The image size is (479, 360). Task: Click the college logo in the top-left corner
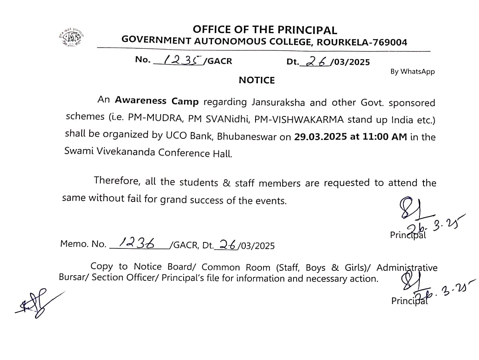click(x=72, y=38)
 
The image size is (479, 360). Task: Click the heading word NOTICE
click(x=257, y=80)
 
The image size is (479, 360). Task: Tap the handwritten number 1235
click(x=180, y=60)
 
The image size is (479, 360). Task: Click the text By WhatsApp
click(x=412, y=72)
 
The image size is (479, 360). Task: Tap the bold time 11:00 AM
click(x=385, y=136)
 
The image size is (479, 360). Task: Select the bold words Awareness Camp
click(x=157, y=101)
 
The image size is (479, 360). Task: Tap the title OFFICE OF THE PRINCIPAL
click(x=265, y=30)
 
